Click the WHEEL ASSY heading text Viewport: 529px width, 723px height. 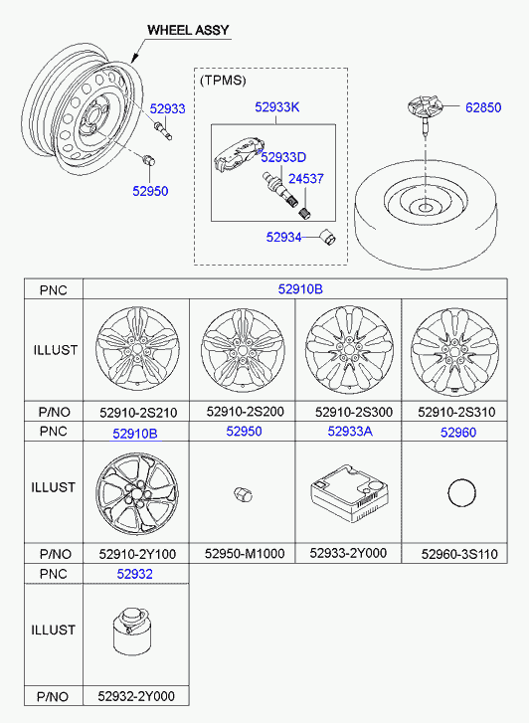pyautogui.click(x=188, y=30)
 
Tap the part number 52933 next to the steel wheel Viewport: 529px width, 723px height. pyautogui.click(x=167, y=108)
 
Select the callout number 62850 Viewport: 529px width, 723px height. pyautogui.click(x=483, y=107)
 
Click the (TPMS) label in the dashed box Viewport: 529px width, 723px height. pyautogui.click(x=223, y=81)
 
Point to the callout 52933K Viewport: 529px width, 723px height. pyautogui.click(x=277, y=107)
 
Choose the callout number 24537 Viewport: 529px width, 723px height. pyautogui.click(x=306, y=178)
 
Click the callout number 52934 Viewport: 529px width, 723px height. pyautogui.click(x=283, y=237)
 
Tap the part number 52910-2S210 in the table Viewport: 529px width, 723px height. pyautogui.click(x=138, y=413)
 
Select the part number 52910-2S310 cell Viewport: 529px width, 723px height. pyautogui.click(x=456, y=412)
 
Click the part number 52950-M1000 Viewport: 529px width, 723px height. pyautogui.click(x=245, y=553)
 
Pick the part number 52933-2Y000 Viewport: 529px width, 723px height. pyautogui.click(x=348, y=553)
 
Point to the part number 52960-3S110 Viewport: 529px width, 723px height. pyautogui.click(x=459, y=554)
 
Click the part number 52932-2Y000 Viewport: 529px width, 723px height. pyautogui.click(x=136, y=696)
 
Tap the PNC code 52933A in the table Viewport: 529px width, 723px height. pyautogui.click(x=350, y=432)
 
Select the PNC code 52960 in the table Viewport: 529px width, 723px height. pyautogui.click(x=458, y=432)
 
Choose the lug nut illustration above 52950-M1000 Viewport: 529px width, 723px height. pyautogui.click(x=242, y=494)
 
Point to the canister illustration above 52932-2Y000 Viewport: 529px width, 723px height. pyautogui.click(x=132, y=631)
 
